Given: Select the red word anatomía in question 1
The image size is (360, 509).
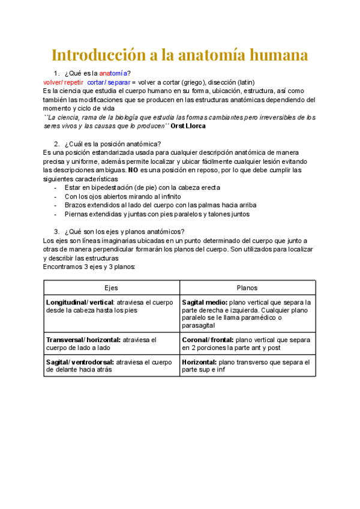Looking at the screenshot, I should click(x=113, y=73).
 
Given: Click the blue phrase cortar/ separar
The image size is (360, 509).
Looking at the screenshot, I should click(x=109, y=82).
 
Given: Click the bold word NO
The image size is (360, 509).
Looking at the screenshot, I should click(x=133, y=170).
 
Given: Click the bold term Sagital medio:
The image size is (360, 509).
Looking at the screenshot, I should click(x=204, y=303).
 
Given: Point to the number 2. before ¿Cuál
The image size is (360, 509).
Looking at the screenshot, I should click(x=57, y=144).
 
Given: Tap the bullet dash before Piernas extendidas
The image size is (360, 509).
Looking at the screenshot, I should click(x=56, y=214).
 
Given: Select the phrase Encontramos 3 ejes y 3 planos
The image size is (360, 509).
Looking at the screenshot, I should click(x=89, y=266).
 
